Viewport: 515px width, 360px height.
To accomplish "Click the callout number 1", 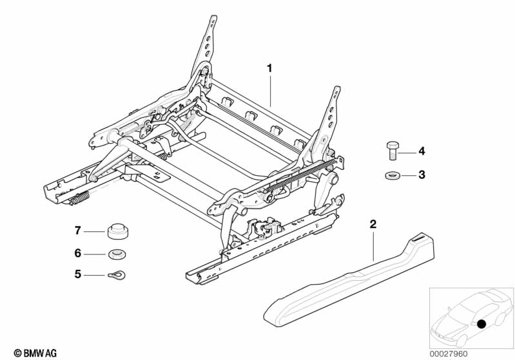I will tap(270, 68).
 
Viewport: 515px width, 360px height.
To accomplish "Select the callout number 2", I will tap(373, 225).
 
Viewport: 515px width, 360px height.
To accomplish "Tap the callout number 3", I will tap(422, 174).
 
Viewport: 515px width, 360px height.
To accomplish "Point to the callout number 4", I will tap(422, 151).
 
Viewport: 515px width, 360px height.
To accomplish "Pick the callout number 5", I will tap(77, 274).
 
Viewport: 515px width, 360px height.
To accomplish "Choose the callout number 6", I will tap(77, 253).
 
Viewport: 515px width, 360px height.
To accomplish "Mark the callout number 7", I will tap(77, 230).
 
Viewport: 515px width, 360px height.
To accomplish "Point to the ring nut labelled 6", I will tap(117, 253).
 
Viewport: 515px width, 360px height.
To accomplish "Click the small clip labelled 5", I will tap(116, 275).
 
